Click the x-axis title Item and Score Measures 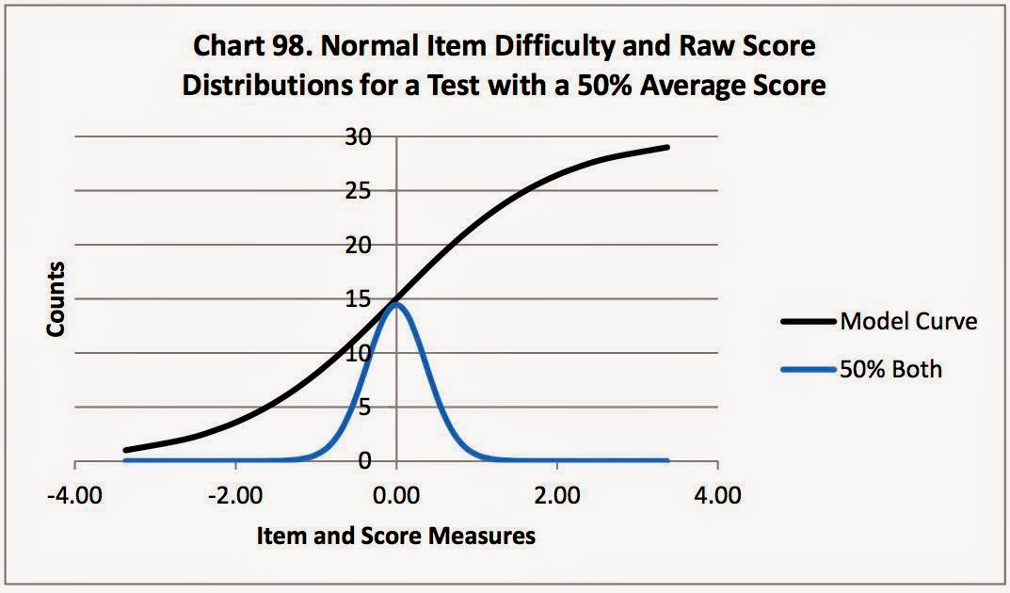click(x=396, y=537)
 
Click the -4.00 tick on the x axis click(x=74, y=495)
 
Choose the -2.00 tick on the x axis click(x=235, y=495)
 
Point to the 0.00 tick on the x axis click(x=396, y=495)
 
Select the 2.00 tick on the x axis click(x=557, y=495)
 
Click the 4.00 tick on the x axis click(x=718, y=495)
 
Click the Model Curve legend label click(x=908, y=322)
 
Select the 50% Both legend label click(x=891, y=369)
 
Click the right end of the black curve click(x=667, y=147)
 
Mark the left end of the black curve click(x=125, y=450)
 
